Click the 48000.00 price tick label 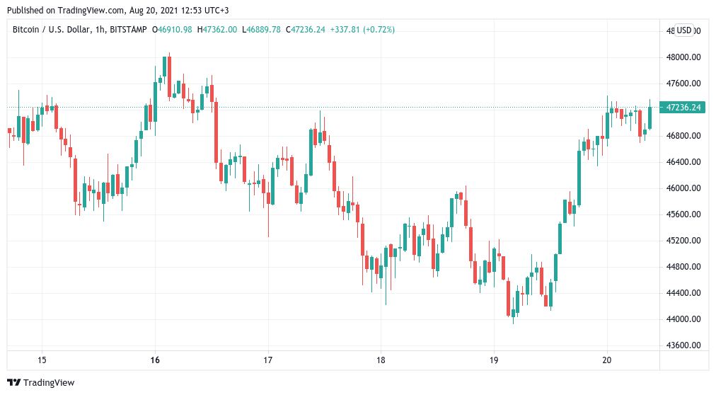click(x=683, y=57)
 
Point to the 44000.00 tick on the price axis click(x=683, y=319)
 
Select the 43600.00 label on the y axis click(x=683, y=345)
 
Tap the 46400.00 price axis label click(x=683, y=162)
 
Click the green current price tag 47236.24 click(x=683, y=108)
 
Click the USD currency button click(x=684, y=30)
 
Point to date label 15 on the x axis click(x=42, y=360)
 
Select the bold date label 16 click(x=155, y=360)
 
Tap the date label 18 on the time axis click(x=381, y=360)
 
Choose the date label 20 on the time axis click(x=606, y=360)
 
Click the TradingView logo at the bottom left click(x=40, y=383)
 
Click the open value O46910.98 click(x=172, y=30)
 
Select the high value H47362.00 click(x=217, y=30)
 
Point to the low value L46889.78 click(x=261, y=30)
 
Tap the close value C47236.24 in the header click(x=306, y=30)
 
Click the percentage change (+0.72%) click(x=379, y=30)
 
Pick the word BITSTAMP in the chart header click(x=128, y=30)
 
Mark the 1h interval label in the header click(x=100, y=30)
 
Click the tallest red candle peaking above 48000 click(x=169, y=76)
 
